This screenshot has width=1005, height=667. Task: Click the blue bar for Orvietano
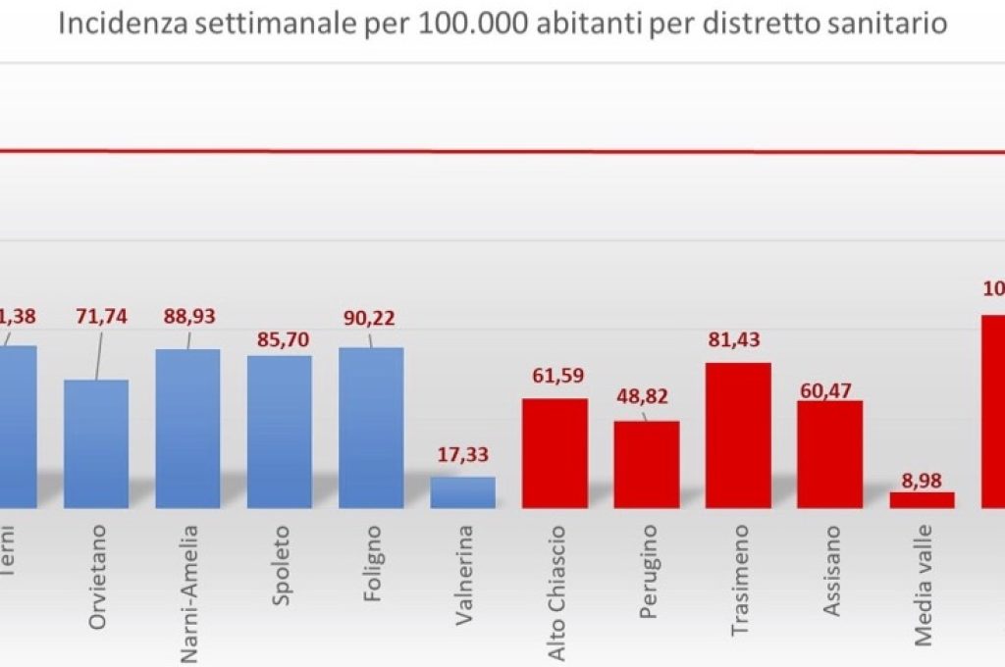pos(96,443)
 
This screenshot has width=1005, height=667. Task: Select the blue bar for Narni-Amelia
pos(187,429)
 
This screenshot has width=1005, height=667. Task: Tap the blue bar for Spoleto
pos(280,432)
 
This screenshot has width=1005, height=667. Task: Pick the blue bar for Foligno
pos(371,428)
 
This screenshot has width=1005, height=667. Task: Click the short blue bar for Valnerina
pos(462,492)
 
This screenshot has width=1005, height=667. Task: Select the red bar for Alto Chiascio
pos(555,453)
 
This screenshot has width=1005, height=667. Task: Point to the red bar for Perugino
pos(647,464)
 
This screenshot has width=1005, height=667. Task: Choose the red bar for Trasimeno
pos(738,436)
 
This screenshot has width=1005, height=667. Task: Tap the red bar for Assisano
pos(829,454)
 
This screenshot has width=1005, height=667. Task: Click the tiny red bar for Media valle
pos(922,499)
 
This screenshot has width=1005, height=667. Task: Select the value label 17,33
pos(462,455)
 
